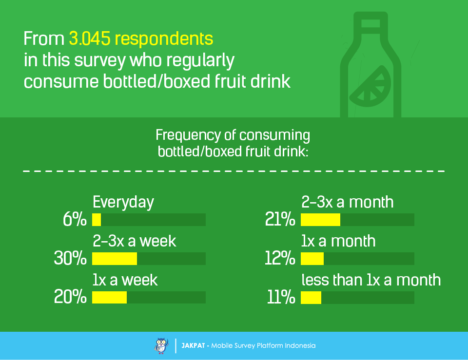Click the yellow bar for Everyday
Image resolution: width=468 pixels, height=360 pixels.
coord(97,220)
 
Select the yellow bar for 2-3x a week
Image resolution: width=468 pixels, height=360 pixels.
coord(115,259)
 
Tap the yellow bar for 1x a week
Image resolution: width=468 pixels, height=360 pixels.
coord(109,298)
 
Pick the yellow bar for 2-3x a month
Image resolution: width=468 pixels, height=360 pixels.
coord(320,220)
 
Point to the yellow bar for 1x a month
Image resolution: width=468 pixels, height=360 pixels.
coord(312,259)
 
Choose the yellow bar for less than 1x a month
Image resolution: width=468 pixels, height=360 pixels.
coord(311,298)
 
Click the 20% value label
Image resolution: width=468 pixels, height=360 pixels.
coord(70,298)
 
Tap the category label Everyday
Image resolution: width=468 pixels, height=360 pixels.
coord(123,202)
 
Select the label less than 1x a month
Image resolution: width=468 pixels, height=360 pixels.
coord(371,280)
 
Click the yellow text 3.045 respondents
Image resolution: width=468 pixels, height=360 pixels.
coord(141,38)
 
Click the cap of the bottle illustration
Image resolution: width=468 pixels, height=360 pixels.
coord(370,22)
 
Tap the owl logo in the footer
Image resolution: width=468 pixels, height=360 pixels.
coord(161,345)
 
